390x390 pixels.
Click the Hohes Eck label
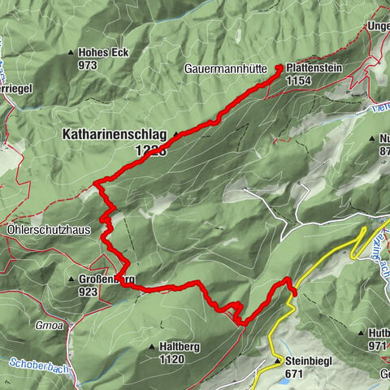click(x=104, y=53)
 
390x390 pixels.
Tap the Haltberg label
click(x=174, y=346)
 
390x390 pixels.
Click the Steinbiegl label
click(x=309, y=360)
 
